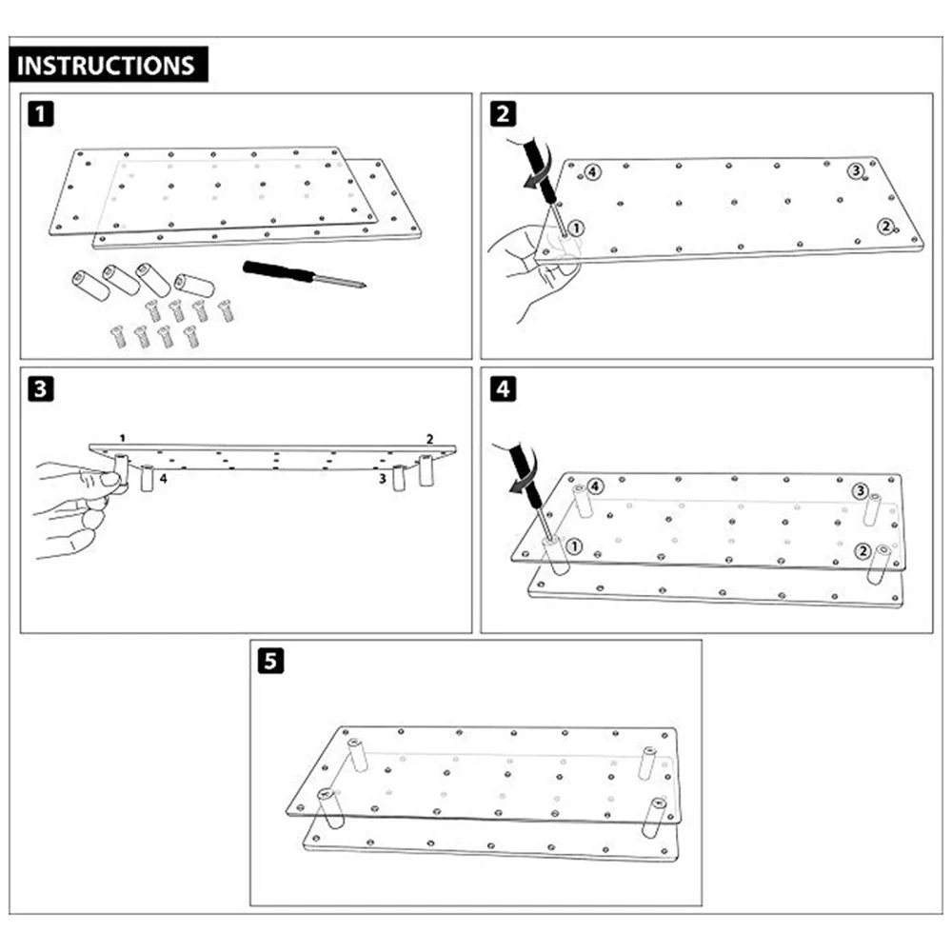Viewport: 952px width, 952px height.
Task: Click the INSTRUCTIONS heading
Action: (106, 66)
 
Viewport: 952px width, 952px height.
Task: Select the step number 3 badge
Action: (40, 390)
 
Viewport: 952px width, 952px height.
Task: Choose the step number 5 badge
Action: (271, 662)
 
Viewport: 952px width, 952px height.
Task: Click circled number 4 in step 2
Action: (592, 172)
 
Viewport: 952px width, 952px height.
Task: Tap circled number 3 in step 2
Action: (856, 170)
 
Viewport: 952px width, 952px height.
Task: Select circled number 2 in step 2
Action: (885, 226)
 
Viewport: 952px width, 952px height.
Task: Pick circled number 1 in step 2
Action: (580, 228)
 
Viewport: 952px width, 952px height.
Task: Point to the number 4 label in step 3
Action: (164, 480)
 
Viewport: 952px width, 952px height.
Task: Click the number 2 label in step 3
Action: (430, 439)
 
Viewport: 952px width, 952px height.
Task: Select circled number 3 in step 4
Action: (860, 491)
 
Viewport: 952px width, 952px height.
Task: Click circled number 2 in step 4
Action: (863, 550)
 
